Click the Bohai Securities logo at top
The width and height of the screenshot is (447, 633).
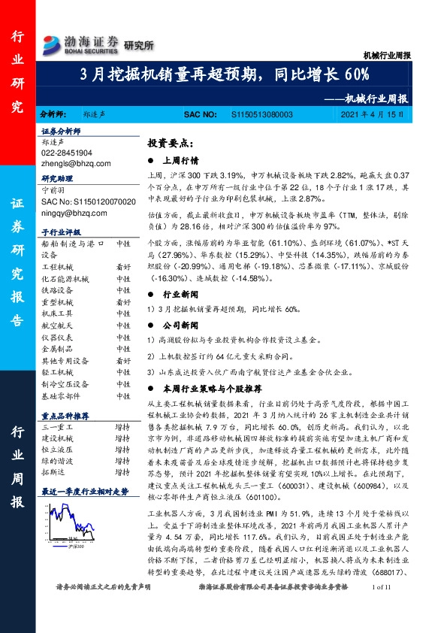click(x=80, y=44)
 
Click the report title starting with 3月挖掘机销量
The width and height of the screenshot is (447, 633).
click(x=225, y=75)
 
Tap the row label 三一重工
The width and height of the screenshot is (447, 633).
click(x=56, y=426)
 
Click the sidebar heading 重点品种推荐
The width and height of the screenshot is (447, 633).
click(x=65, y=415)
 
